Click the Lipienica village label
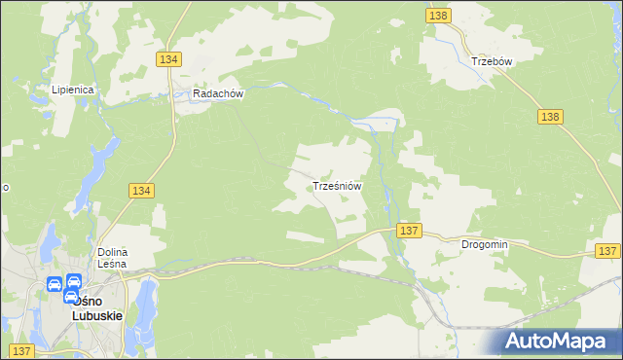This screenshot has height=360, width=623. [x=73, y=90]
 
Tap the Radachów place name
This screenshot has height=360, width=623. [x=217, y=94]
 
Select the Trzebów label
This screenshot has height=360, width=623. [x=492, y=60]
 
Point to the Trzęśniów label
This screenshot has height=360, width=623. [x=338, y=185]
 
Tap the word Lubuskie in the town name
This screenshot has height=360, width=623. [x=97, y=315]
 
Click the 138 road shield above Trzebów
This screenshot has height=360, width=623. [x=438, y=16]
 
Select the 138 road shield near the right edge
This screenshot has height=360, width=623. [x=550, y=116]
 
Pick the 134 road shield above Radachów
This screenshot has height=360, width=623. [x=167, y=59]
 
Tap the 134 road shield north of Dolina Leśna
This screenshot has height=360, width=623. [x=140, y=192]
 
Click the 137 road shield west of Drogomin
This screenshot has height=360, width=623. [x=409, y=231]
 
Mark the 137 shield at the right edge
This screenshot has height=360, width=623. [x=607, y=251]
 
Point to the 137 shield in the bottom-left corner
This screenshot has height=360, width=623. [x=21, y=350]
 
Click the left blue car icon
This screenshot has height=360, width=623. [x=55, y=285]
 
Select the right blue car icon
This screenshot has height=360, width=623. [x=73, y=285]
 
